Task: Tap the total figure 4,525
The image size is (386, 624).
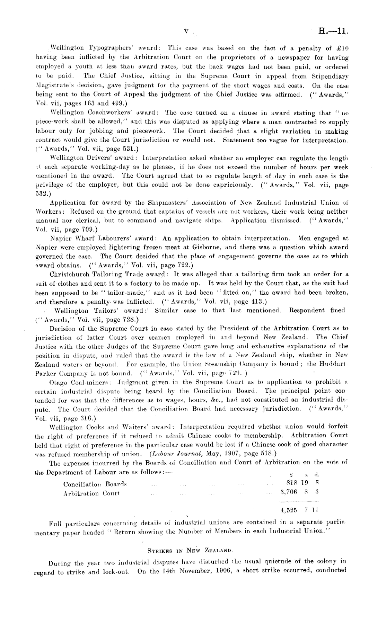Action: pos(288,510)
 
